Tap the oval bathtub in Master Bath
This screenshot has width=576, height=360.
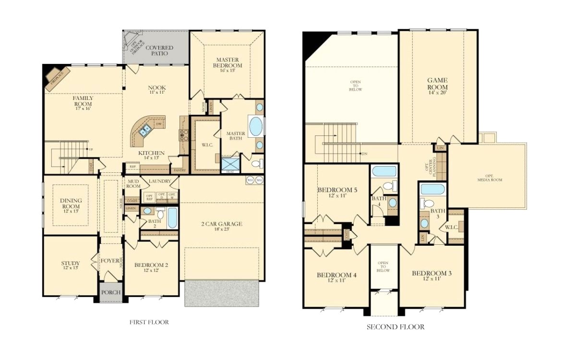pos(255,127)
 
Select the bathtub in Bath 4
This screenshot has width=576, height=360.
pos(384,171)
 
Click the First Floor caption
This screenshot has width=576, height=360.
pos(149,322)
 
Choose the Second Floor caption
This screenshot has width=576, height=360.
pos(396,327)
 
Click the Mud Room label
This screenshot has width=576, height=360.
pos(133,183)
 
